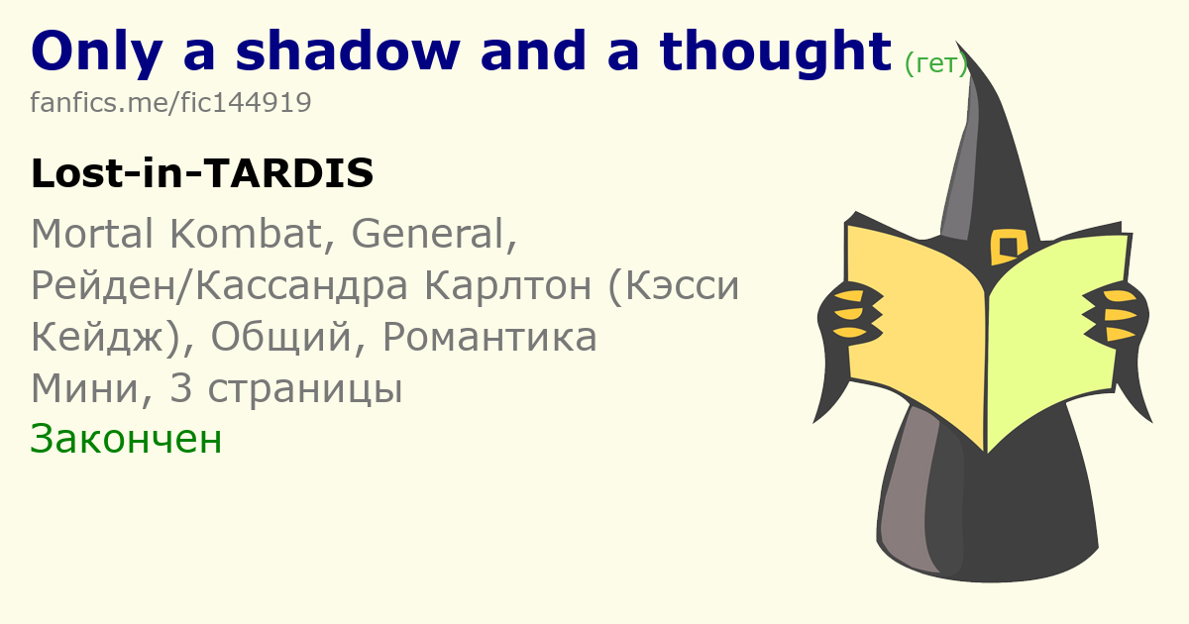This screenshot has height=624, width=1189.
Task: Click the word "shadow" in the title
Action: pos(348,51)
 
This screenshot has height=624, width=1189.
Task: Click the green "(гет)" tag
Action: pos(935,64)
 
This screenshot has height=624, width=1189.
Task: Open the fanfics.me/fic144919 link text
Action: pos(170,102)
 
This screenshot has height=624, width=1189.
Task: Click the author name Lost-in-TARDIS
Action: pos(202,173)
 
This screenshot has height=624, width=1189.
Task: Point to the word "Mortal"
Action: pos(92,234)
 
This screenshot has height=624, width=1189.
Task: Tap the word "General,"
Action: pos(434,234)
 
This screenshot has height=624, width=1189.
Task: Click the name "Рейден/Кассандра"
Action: pos(220,285)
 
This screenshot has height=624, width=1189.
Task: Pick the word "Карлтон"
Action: pos(508,285)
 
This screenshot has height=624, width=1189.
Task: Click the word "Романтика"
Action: pos(489,338)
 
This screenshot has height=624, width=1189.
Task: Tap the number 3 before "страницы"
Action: pos(181,388)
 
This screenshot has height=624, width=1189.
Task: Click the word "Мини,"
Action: pos(92,389)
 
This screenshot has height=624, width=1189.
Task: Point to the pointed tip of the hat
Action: pos(956,42)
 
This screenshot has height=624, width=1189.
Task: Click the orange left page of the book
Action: pos(916,329)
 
